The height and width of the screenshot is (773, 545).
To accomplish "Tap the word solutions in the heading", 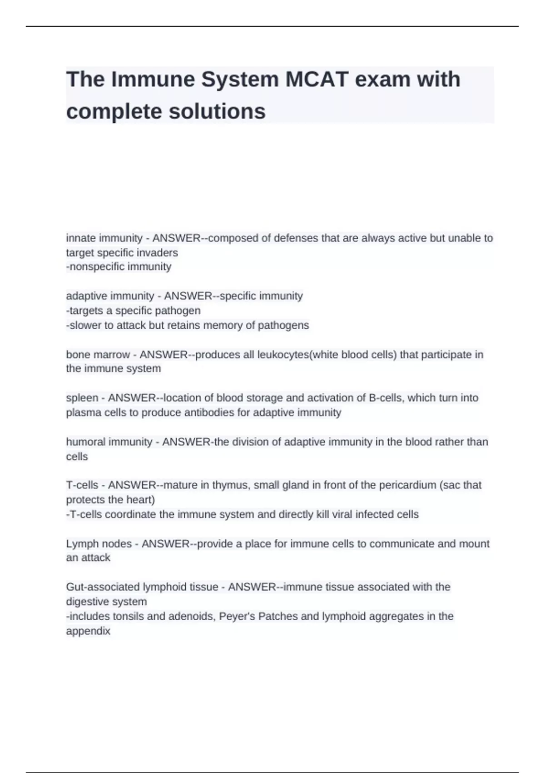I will (217, 112).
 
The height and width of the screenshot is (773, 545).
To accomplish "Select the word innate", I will (80, 238).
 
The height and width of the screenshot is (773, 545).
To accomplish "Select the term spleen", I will (82, 398).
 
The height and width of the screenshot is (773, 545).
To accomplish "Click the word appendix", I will (88, 631).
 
